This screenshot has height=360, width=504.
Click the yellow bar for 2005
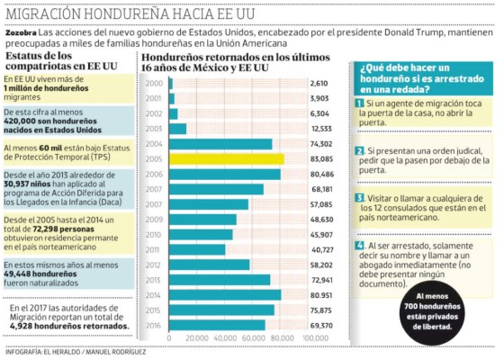226,159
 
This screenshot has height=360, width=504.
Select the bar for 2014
225,294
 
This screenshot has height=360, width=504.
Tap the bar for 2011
198,249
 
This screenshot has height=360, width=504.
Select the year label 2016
154,324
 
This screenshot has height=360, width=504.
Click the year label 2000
154,83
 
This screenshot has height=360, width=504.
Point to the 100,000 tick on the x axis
315,337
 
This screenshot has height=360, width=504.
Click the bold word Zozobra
22,32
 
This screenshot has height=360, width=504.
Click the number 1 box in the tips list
359,105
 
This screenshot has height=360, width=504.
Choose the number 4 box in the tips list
359,245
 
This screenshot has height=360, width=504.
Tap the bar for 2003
177,129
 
